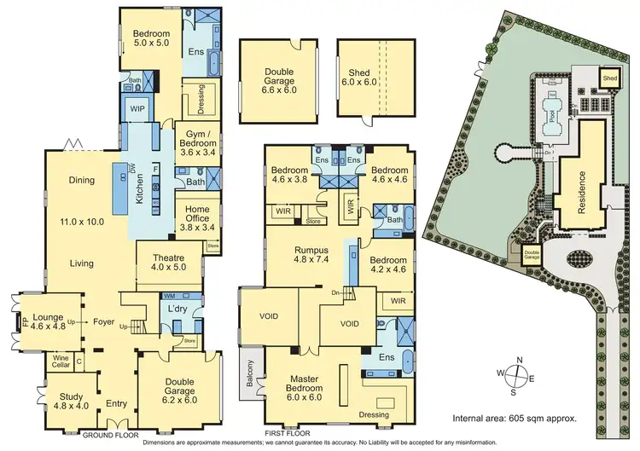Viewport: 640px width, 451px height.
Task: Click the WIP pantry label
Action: click(x=136, y=108)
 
